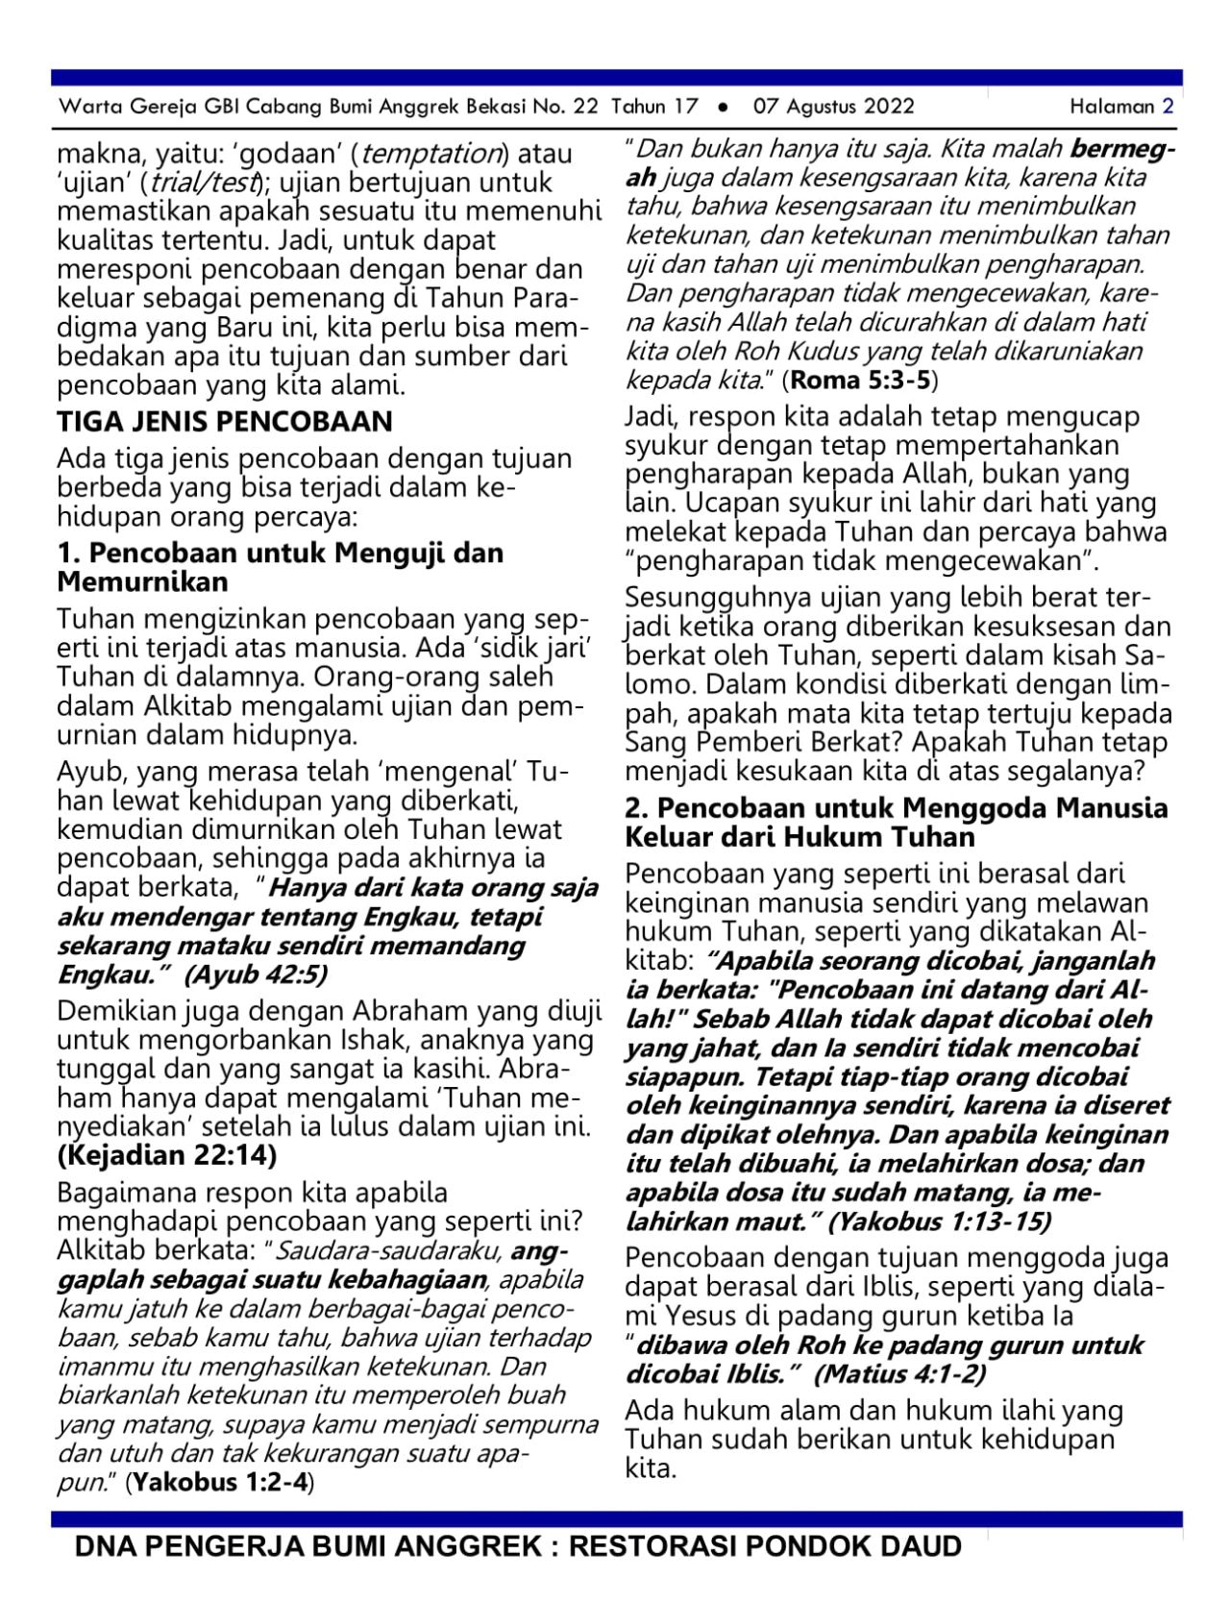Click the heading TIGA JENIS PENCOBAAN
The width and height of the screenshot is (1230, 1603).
(x=224, y=422)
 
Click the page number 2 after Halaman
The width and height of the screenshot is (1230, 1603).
(x=1168, y=107)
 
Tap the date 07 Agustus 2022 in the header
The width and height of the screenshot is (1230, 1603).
(x=833, y=107)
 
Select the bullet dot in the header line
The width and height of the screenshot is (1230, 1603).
(x=723, y=107)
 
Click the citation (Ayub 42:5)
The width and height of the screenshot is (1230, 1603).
(x=256, y=974)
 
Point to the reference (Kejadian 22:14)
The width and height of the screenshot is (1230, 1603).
(x=167, y=1154)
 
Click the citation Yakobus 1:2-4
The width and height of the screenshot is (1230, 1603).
(x=221, y=1482)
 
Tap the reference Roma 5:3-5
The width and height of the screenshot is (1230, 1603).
(x=860, y=380)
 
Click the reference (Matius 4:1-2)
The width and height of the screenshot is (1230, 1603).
(x=899, y=1373)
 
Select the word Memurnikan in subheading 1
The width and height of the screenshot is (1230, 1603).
(x=142, y=582)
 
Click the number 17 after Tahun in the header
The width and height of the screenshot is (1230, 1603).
(x=685, y=107)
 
